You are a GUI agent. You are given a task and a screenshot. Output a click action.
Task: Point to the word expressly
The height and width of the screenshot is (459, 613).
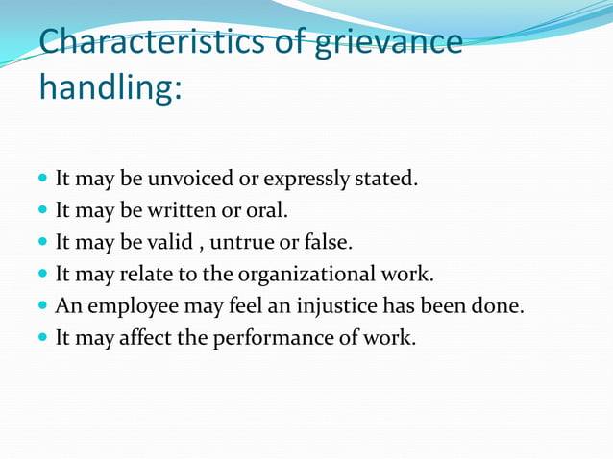(x=318, y=180)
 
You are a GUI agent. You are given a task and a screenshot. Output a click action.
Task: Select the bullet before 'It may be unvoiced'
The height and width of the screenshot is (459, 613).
(x=44, y=180)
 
